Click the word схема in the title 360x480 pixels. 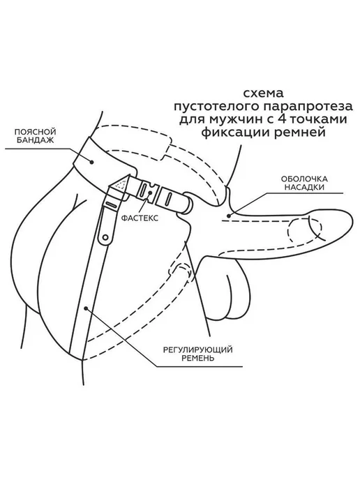[x=264, y=93]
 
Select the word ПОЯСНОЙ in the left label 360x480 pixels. [x=36, y=132]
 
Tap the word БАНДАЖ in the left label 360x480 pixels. [x=36, y=140]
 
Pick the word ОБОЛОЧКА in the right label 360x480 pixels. [x=304, y=179]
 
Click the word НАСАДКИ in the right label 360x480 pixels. [x=304, y=187]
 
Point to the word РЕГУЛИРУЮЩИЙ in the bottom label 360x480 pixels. [x=197, y=350]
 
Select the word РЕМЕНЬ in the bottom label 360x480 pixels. [x=197, y=358]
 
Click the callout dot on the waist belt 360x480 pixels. [x=92, y=163]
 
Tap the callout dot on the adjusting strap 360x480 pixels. [x=87, y=308]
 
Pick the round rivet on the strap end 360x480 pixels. [x=105, y=237]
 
